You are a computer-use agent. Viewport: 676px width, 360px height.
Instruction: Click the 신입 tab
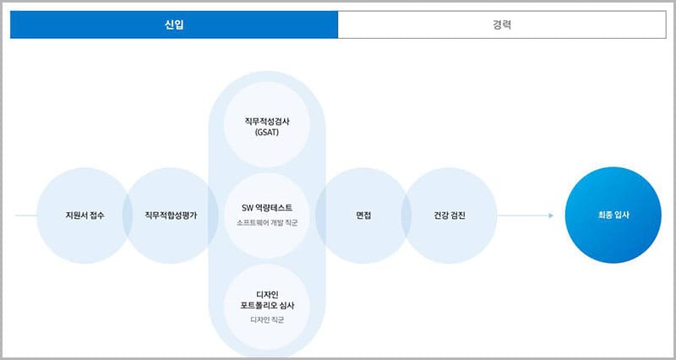tap(174, 25)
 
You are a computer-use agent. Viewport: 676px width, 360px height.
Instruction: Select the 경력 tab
tap(501, 25)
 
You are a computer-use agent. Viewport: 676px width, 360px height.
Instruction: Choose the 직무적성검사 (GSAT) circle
tap(267, 128)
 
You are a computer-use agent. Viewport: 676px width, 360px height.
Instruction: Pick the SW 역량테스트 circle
tap(267, 215)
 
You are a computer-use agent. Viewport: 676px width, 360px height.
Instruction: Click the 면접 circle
tap(364, 215)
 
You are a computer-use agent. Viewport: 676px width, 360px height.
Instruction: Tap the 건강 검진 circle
tap(449, 215)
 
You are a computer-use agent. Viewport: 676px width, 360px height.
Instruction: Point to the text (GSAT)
tap(267, 134)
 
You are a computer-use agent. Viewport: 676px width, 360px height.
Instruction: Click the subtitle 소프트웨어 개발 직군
tap(268, 223)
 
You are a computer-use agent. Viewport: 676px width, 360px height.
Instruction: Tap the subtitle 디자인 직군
tap(267, 319)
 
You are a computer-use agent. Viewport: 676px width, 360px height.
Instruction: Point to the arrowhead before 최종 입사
tap(550, 215)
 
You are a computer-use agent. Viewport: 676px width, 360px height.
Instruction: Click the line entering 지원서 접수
tap(25, 215)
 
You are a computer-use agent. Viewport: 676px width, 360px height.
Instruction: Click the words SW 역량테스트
tap(267, 208)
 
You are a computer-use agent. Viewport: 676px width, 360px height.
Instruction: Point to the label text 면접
tap(364, 215)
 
